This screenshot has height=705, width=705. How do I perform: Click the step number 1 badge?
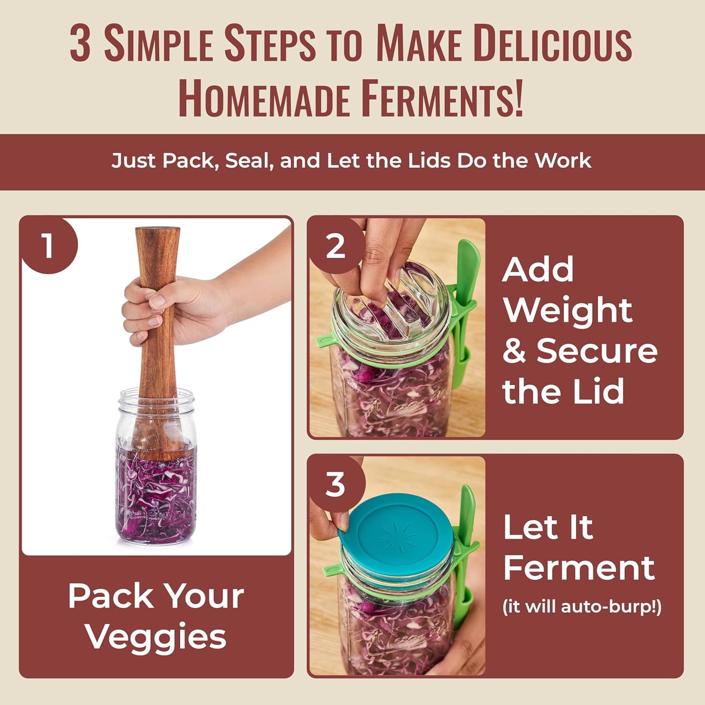point(47,245)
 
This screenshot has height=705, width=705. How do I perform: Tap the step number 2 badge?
point(336,246)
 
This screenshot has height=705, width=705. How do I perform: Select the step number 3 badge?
point(335,484)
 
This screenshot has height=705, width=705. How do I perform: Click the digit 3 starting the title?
point(80,44)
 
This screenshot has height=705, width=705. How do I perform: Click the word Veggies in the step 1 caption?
point(156,637)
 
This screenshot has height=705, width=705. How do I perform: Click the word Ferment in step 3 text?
point(579,567)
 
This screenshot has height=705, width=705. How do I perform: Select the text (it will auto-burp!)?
point(582,606)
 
